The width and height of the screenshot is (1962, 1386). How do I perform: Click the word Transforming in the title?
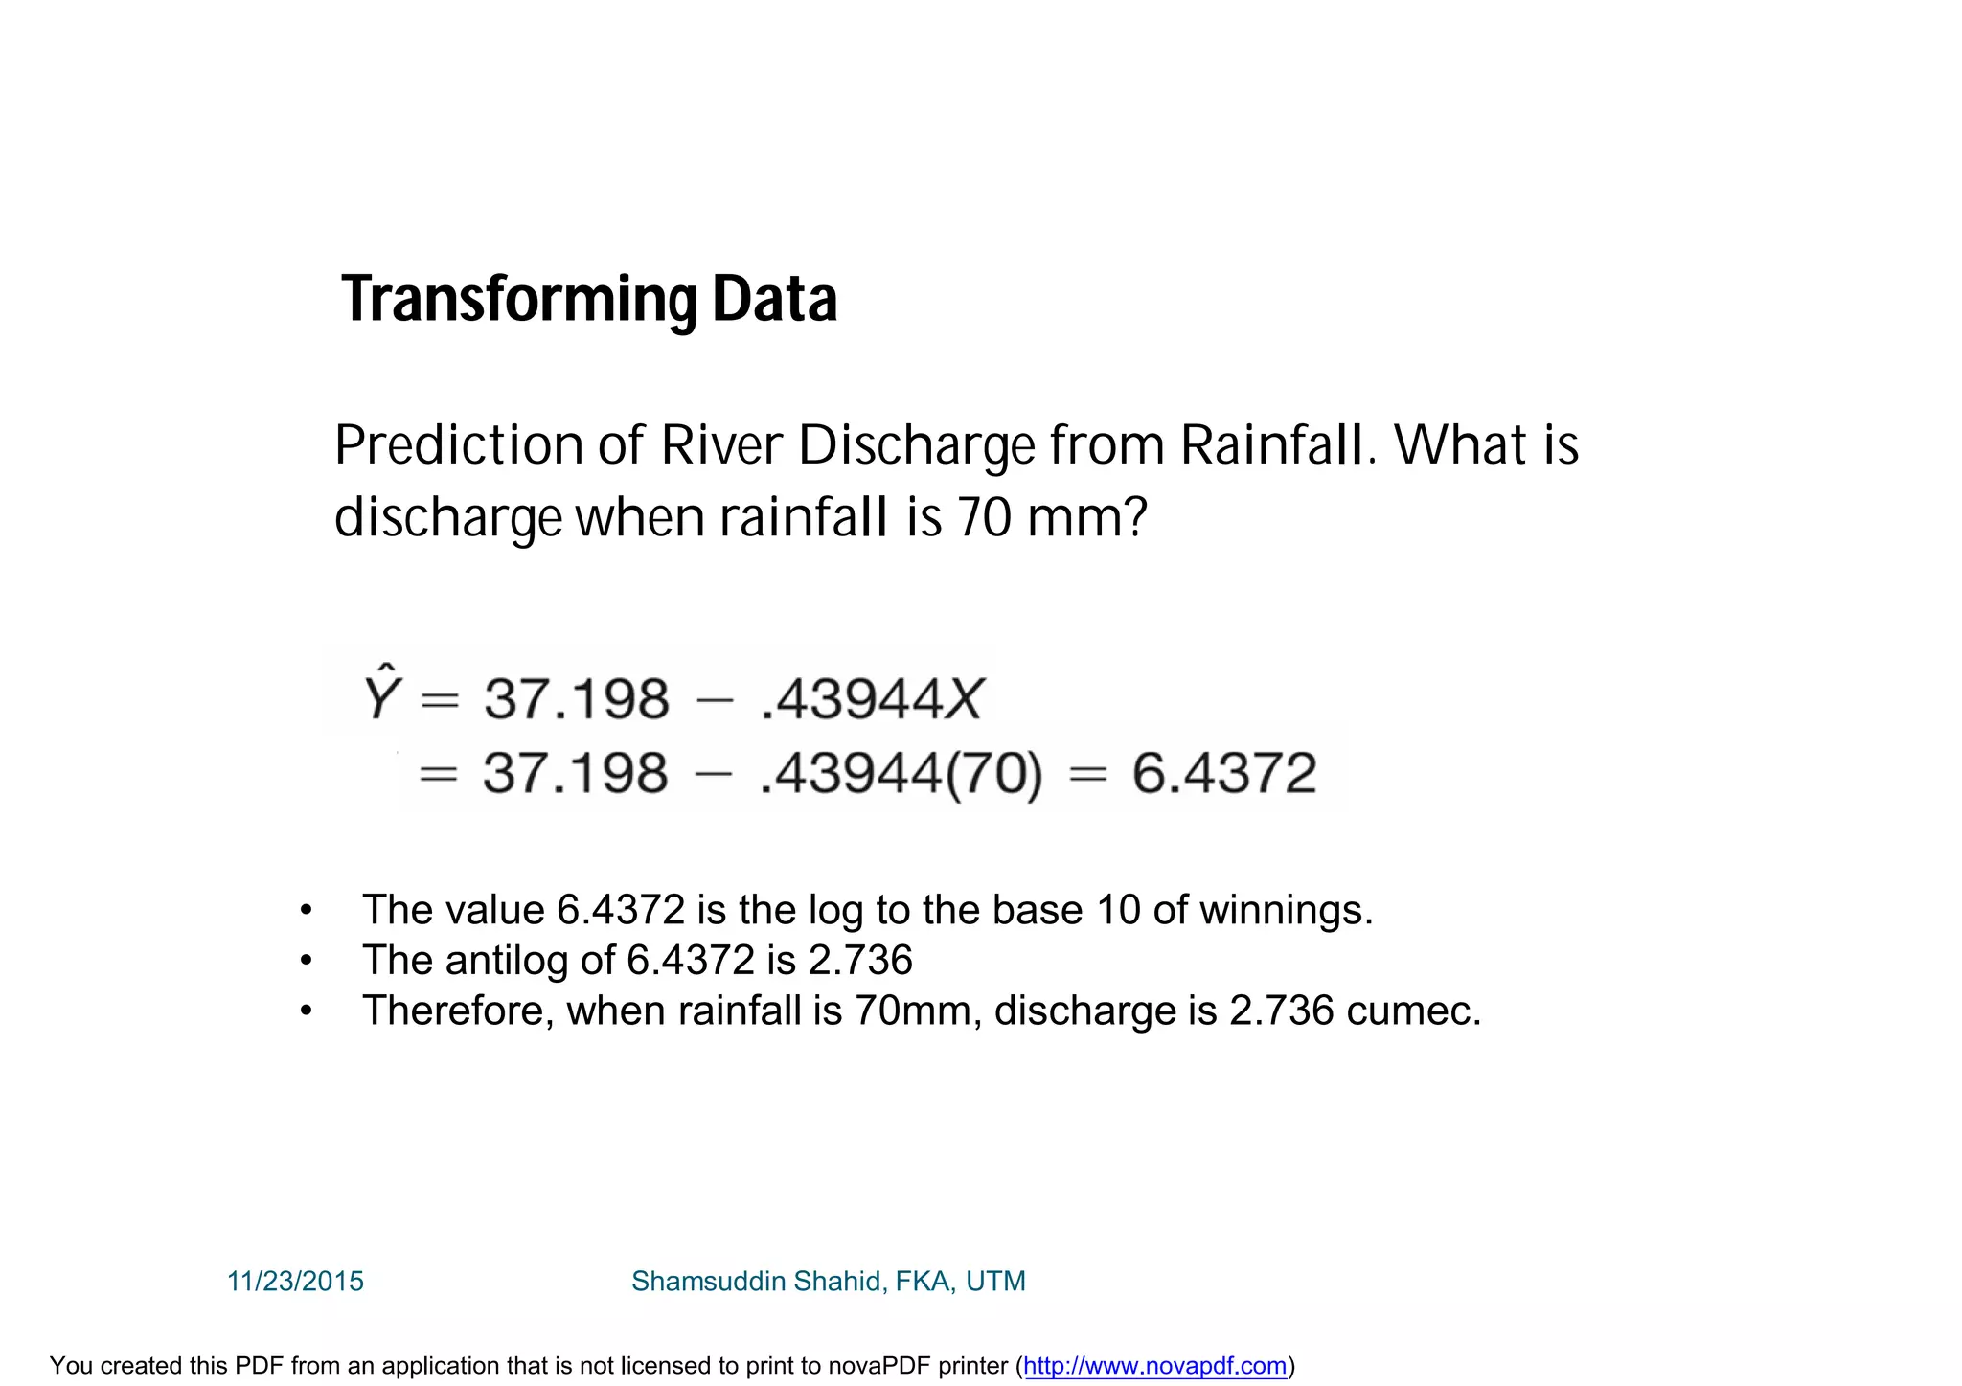[x=518, y=300]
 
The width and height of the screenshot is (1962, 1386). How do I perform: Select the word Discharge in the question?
[x=917, y=447]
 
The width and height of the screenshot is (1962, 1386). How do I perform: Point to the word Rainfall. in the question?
[x=1279, y=445]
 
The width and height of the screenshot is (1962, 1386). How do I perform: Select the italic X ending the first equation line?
[x=963, y=699]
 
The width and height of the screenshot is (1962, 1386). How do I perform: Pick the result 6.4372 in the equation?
[x=1223, y=774]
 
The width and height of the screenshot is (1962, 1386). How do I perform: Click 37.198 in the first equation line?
[x=576, y=699]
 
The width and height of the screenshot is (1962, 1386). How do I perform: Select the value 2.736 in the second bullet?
[x=860, y=960]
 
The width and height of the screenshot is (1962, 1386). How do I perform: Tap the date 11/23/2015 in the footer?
[x=295, y=1281]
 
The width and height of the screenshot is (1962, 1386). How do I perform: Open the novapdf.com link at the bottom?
[x=1154, y=1366]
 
